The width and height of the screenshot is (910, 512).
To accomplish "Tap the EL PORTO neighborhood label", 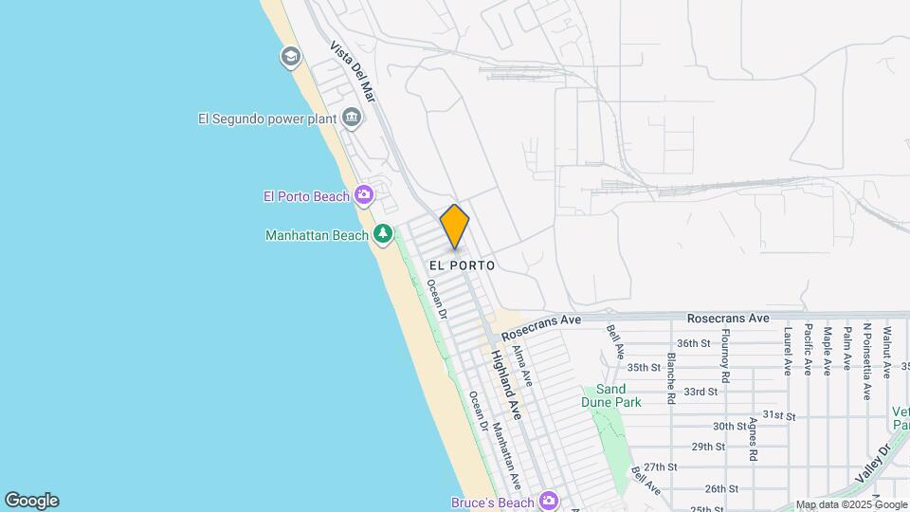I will click(462, 265).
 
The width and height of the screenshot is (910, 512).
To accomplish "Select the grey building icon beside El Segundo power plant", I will click(352, 118).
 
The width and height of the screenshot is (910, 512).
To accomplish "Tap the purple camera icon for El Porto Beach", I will click(363, 195).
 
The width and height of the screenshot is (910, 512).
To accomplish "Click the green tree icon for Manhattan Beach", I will click(382, 233).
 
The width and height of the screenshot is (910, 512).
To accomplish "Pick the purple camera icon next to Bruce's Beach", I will click(547, 501).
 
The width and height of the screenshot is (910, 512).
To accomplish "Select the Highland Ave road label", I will click(506, 384).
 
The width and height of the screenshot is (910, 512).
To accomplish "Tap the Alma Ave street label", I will click(522, 365).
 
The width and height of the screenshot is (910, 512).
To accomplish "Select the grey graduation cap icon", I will click(290, 57).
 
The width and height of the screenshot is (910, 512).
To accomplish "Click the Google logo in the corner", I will click(31, 501).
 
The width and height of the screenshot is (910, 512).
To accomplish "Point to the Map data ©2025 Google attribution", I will click(851, 504).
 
